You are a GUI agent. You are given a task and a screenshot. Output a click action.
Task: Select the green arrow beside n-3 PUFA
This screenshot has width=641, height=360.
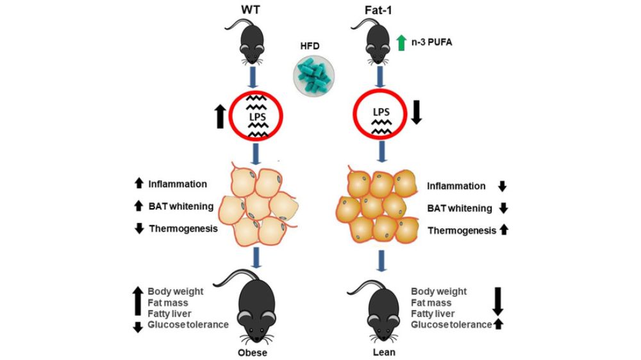(401, 44)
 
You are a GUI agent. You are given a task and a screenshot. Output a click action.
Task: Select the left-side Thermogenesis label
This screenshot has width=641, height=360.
(183, 228)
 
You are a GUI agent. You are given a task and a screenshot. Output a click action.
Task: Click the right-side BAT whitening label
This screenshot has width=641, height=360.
(460, 208)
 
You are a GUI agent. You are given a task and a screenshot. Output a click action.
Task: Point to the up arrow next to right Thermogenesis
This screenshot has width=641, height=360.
(503, 229)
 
